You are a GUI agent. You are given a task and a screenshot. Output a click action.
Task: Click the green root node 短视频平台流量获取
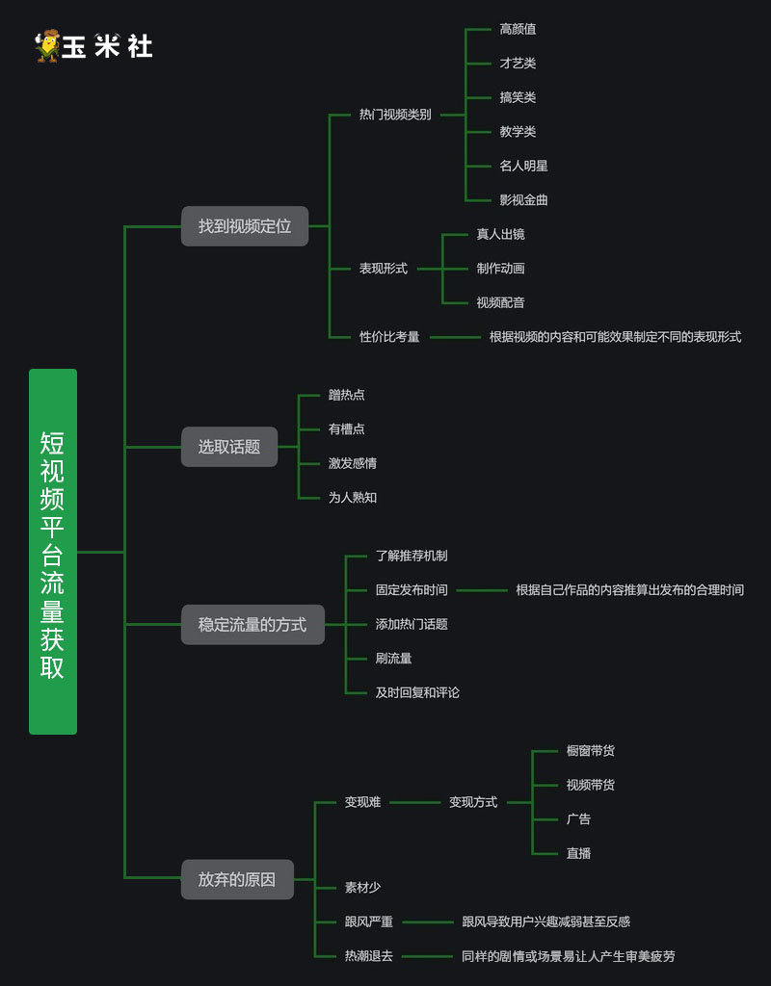tap(53, 552)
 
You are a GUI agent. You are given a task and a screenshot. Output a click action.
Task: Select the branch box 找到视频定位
tap(245, 226)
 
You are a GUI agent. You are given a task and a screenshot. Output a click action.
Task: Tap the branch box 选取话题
tap(229, 447)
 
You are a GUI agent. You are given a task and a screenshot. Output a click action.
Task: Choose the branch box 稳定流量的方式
tap(253, 625)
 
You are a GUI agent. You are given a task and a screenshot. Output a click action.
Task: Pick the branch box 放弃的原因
tap(237, 879)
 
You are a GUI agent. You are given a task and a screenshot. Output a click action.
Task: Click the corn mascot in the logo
tap(46, 45)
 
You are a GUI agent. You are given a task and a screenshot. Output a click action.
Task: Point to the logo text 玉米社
tap(107, 46)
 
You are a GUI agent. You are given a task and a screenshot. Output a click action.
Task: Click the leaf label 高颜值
tap(518, 29)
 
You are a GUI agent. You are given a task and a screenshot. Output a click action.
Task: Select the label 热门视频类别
tap(395, 115)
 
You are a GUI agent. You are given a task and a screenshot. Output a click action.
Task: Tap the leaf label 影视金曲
tap(523, 200)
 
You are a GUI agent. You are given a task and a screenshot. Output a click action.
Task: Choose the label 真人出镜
tap(500, 234)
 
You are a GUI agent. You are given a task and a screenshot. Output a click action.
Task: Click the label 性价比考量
tap(389, 337)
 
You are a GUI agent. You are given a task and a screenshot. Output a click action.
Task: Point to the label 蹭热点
tap(346, 395)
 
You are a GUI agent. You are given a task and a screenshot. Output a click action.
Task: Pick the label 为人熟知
tap(352, 498)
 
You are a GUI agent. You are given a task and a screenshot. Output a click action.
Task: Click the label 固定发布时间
tap(412, 590)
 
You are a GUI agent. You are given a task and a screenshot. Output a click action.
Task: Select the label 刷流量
tap(393, 659)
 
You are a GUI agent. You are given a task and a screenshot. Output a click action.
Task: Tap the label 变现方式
tap(473, 802)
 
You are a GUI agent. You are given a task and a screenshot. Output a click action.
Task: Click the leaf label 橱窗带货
tap(590, 751)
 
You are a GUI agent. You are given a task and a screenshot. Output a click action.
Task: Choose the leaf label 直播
tap(578, 853)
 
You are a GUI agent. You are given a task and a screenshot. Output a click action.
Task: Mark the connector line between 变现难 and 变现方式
tap(414, 802)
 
